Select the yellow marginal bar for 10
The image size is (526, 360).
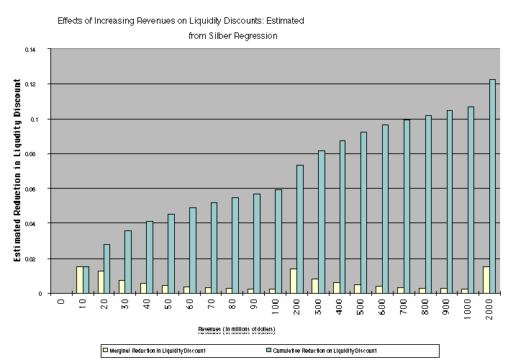coord(80,280)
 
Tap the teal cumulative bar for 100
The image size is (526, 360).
coord(278,241)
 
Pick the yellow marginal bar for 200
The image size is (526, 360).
coord(294,281)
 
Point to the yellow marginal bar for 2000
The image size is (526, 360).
coord(486,280)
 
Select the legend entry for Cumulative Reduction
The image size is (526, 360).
coord(309,351)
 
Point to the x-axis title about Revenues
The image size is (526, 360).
coord(237,329)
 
